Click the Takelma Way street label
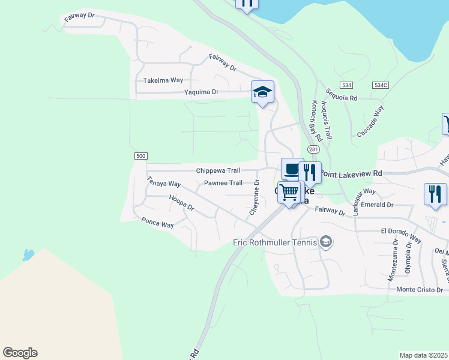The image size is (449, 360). [x=163, y=80]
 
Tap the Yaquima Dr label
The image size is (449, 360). [x=202, y=92]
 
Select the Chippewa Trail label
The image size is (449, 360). [x=218, y=171]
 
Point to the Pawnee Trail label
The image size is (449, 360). [x=223, y=183]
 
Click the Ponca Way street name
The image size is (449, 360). [x=157, y=224]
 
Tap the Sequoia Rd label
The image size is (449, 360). [x=341, y=94]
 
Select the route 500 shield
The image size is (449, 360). [x=140, y=156]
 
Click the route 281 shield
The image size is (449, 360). [x=313, y=149]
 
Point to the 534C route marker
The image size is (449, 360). [x=381, y=85]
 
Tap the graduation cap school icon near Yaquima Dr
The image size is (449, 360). [x=262, y=92]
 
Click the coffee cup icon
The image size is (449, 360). [x=292, y=169]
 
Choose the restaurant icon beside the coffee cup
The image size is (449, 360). [x=310, y=173]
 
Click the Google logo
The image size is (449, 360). [x=20, y=353]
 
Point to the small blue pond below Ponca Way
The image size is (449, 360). [x=28, y=254]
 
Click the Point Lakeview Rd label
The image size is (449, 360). [x=351, y=173]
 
